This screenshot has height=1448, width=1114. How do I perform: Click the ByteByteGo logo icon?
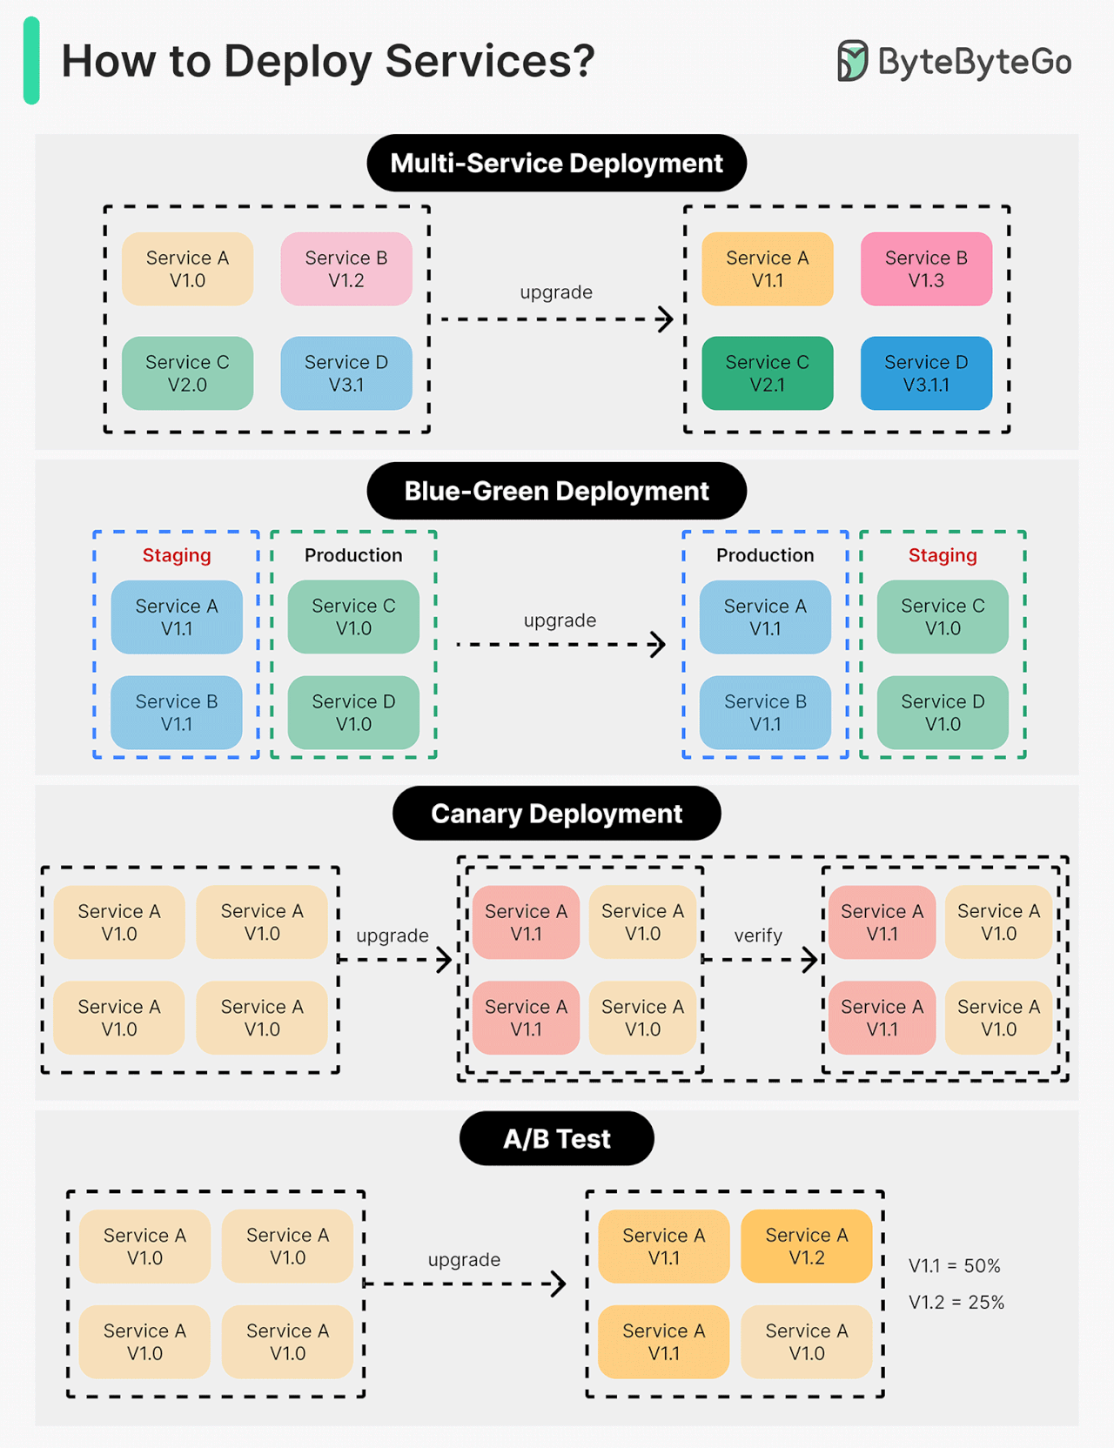tap(852, 61)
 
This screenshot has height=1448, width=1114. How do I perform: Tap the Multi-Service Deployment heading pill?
tap(556, 163)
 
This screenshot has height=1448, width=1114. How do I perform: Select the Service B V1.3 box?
tap(926, 269)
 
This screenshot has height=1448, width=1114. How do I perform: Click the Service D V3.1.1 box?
tap(926, 373)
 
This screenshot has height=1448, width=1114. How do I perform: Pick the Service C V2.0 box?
tap(187, 373)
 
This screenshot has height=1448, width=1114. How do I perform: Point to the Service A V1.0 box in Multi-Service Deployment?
tap(187, 269)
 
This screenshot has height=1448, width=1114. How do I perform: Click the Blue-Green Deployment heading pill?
tap(556, 491)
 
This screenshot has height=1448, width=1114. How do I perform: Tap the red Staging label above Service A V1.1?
tap(177, 555)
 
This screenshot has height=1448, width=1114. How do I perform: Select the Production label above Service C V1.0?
tap(353, 555)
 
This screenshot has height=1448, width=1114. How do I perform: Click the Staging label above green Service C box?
tap(943, 555)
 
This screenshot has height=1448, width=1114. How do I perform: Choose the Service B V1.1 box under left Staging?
tap(177, 713)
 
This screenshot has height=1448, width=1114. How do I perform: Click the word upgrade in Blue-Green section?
tap(560, 620)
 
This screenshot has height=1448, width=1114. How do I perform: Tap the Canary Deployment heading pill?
tap(556, 814)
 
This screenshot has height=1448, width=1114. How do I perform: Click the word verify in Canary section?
tap(758, 935)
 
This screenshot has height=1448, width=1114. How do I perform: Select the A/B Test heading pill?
tap(556, 1138)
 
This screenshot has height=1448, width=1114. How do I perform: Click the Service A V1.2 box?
tap(807, 1246)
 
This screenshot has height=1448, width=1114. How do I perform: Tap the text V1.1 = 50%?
tap(954, 1266)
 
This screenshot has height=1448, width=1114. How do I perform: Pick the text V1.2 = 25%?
tap(956, 1303)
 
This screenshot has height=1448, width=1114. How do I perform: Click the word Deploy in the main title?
tap(298, 62)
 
